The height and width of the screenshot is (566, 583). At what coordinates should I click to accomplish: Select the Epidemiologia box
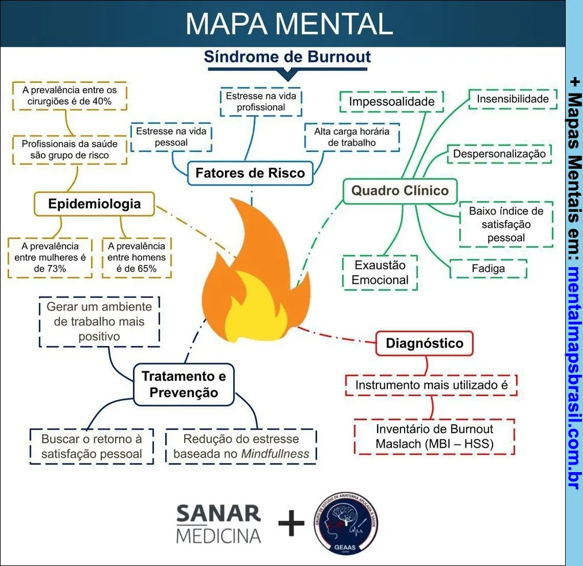click(94, 204)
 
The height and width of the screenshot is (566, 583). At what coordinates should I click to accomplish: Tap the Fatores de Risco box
click(250, 173)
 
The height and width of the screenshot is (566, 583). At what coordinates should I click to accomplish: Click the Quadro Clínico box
click(400, 191)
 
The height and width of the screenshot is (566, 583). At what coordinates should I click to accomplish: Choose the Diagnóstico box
click(424, 344)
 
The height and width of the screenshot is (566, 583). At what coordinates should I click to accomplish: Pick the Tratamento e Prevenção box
click(184, 385)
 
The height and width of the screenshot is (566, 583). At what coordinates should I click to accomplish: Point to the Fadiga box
click(488, 268)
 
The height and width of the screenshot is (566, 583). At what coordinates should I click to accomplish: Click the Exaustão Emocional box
click(380, 273)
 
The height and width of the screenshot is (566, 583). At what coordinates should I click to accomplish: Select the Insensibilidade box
click(513, 99)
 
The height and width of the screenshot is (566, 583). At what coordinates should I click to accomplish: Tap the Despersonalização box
click(499, 154)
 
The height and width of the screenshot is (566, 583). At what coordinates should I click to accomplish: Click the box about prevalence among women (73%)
click(50, 257)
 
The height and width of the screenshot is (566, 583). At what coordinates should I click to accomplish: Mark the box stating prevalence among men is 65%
click(136, 257)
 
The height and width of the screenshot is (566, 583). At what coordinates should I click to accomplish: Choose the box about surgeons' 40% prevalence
click(70, 96)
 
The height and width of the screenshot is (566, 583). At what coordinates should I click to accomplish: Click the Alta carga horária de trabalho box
click(352, 137)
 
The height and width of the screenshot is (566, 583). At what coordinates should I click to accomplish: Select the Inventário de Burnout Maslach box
click(435, 436)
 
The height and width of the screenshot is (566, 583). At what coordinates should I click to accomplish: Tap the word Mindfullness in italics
click(275, 454)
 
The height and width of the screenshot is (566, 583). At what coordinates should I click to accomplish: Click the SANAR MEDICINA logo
click(219, 524)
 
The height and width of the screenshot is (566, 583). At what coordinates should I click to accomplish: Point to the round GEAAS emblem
click(346, 524)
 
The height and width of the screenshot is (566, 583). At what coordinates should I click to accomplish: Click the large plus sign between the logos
click(291, 523)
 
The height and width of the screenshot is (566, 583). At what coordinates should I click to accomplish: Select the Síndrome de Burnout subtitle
click(287, 57)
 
